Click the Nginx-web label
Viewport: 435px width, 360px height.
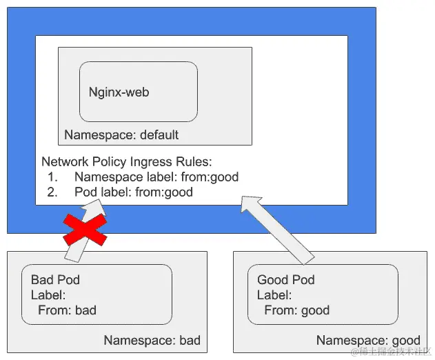119,92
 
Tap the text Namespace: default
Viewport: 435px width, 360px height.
121,134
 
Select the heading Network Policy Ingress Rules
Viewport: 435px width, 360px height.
127,162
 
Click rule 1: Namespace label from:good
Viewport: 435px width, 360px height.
156,177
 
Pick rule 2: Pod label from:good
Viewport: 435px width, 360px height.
133,192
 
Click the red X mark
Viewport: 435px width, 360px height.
85,230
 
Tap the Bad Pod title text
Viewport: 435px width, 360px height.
55,280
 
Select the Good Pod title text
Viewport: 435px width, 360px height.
285,280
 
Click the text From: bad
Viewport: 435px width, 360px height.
67,310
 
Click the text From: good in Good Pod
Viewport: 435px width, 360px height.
296,310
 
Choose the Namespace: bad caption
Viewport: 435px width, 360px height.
152,340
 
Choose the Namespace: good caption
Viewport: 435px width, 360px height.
367,340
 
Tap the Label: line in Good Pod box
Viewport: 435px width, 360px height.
274,295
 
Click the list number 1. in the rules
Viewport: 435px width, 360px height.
52,177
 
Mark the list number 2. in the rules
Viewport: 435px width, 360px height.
52,192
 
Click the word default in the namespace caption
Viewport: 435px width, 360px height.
159,134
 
